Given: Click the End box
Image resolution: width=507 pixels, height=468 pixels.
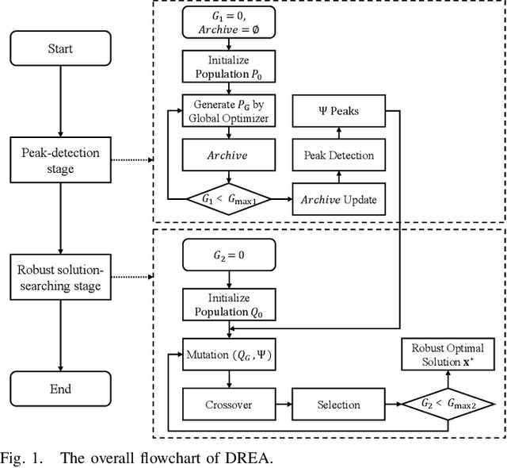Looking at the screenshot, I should point(59,389).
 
